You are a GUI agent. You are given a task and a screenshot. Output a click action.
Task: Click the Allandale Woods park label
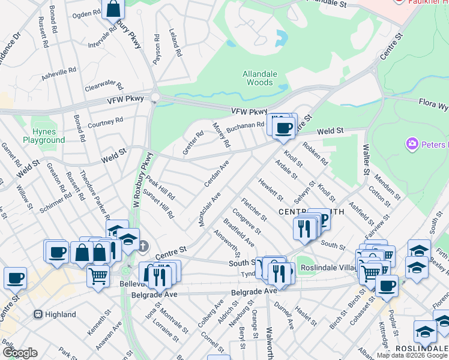260,78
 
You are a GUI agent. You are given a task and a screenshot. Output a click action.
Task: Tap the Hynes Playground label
44,136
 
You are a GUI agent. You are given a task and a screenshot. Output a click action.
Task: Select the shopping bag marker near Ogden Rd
113,9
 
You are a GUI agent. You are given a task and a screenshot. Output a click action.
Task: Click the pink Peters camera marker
412,144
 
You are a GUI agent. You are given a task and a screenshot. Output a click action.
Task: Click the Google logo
19,353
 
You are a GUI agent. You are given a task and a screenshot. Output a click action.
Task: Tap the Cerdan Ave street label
217,173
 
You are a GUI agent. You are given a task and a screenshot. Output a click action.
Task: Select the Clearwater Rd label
103,87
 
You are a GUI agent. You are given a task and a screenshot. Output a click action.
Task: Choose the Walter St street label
366,162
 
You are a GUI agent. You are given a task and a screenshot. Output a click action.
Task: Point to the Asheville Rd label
58,74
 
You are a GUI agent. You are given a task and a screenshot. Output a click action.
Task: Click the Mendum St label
387,187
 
